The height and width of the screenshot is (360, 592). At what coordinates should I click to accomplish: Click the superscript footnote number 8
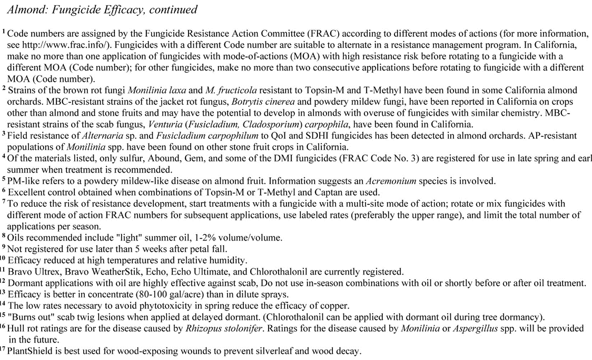coord(4,236)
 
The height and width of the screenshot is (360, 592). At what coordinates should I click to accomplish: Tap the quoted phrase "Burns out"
coord(31,317)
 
